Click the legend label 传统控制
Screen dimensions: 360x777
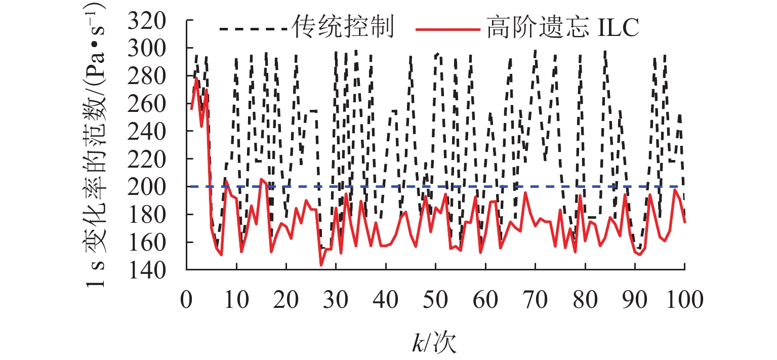pos(343,29)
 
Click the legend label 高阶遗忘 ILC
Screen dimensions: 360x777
pos(562,29)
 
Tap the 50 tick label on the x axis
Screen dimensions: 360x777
pos(436,300)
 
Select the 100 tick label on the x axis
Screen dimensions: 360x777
pos(685,300)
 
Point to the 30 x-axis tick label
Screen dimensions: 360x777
pos(336,300)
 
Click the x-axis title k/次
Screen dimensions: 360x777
pos(434,343)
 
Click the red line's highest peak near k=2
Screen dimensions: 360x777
pos(196,77)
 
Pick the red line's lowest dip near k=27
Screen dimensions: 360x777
pos(321,265)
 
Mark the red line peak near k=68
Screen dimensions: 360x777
pos(525,192)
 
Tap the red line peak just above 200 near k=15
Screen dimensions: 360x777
pos(261,179)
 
